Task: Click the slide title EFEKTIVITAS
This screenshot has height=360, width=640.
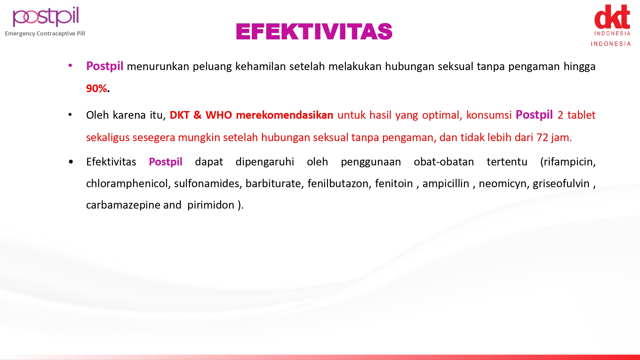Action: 314,31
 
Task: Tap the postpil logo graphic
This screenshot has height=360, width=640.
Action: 46,17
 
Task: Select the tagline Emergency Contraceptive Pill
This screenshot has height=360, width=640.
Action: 45,34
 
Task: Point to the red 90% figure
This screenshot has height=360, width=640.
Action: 96,88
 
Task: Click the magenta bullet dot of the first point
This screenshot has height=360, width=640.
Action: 70,66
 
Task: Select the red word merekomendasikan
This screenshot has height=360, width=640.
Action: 284,115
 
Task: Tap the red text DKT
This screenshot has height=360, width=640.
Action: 180,115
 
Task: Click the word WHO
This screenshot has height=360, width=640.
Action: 219,115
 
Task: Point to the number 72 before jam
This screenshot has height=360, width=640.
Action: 542,137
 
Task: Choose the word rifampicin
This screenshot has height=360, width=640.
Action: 568,162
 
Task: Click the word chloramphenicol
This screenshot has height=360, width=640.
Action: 127,184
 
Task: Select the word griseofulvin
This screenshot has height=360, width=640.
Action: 561,184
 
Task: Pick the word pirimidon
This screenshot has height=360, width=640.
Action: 211,205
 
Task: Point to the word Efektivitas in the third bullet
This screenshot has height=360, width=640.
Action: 111,162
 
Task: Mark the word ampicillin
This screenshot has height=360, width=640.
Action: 446,184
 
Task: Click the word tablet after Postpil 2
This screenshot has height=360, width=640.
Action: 581,115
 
